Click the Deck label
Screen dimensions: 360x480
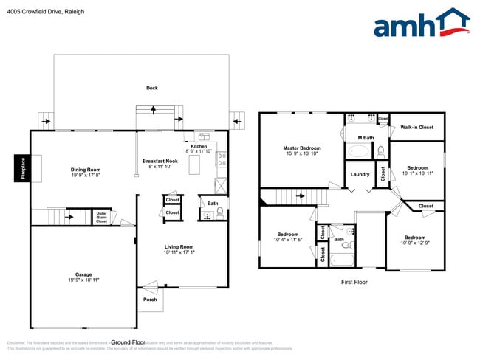(x=151, y=88)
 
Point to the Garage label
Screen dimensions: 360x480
(x=83, y=274)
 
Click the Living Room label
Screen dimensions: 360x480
(x=179, y=247)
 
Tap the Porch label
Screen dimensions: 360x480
(x=149, y=300)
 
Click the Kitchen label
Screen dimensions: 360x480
(x=199, y=146)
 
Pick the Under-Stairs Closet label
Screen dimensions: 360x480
(x=101, y=217)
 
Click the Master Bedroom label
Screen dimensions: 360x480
(x=302, y=148)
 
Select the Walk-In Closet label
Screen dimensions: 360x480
(x=417, y=127)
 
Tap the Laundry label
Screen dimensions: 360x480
(x=360, y=174)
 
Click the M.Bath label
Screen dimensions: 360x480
(x=365, y=138)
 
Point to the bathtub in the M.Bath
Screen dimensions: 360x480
(x=360, y=151)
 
